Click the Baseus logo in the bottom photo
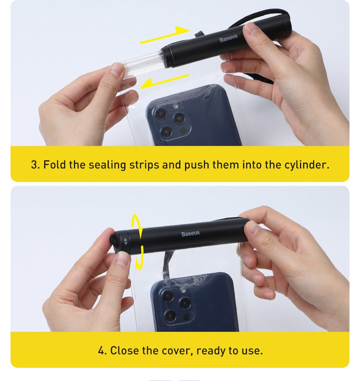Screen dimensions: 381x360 pos(190,233)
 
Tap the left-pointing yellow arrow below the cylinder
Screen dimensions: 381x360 pos(164,81)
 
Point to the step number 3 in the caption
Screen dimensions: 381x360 pos(34,165)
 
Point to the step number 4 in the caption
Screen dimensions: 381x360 pos(101,351)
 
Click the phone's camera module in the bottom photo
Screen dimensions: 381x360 pos(176,306)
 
